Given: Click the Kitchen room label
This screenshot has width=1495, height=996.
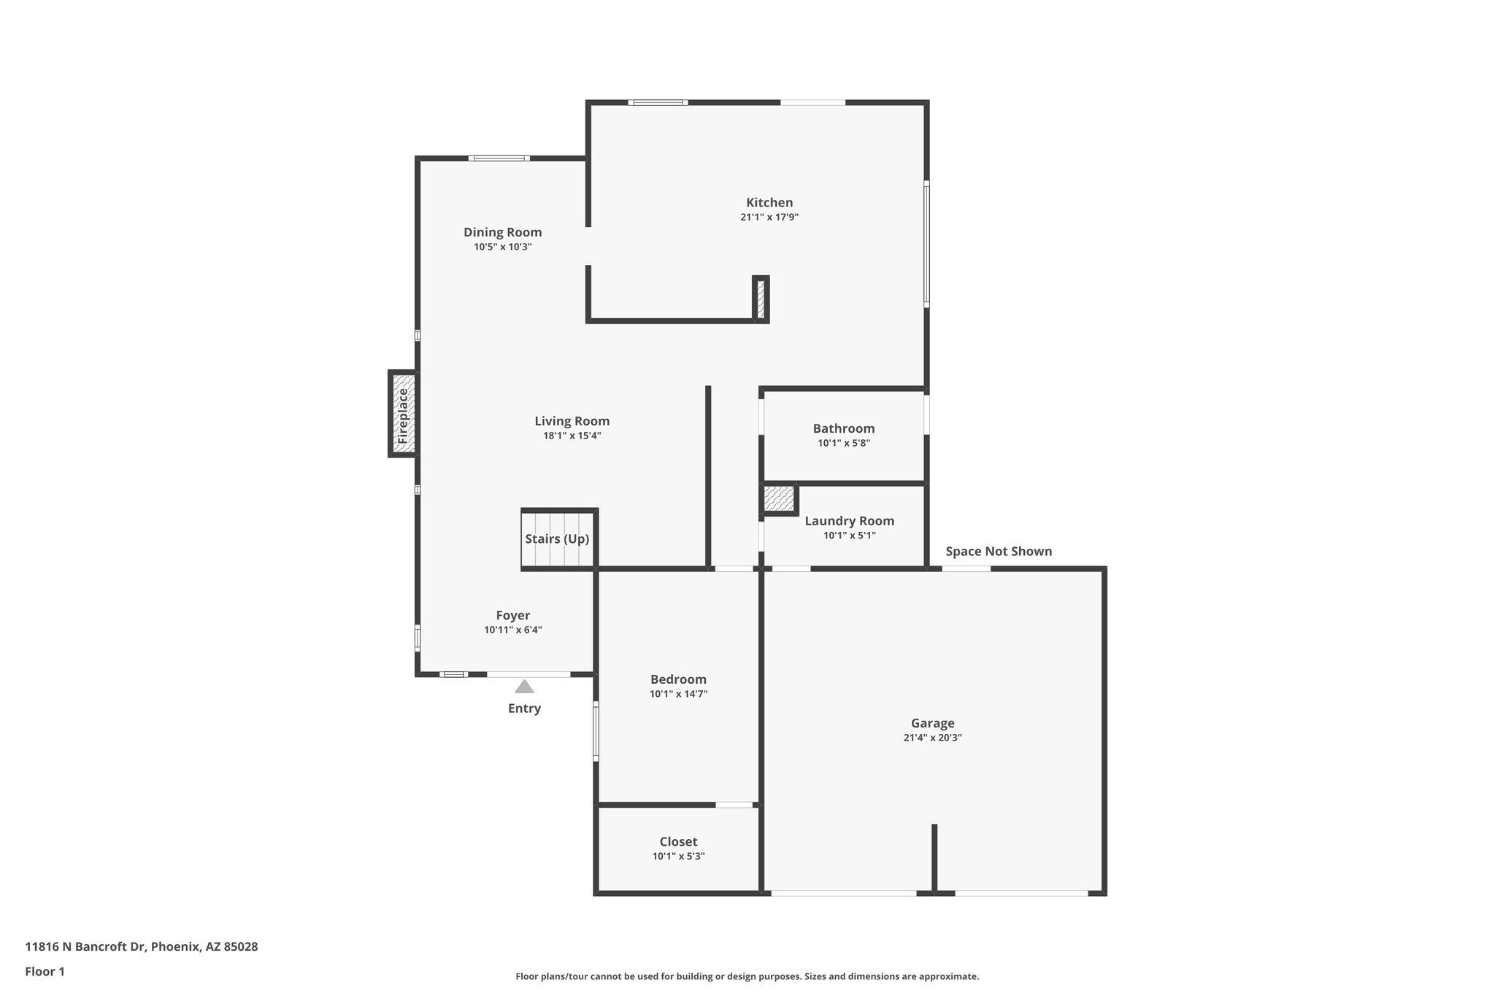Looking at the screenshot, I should pyautogui.click(x=769, y=203).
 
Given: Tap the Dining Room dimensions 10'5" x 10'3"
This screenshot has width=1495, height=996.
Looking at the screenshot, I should pyautogui.click(x=502, y=247).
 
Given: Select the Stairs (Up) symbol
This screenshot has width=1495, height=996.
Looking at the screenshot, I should pyautogui.click(x=558, y=539).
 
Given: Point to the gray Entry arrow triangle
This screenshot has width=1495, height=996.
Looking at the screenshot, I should pyautogui.click(x=524, y=687).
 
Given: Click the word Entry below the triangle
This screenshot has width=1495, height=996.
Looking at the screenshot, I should pyautogui.click(x=524, y=709).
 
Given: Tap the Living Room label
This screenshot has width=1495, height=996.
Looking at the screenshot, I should pyautogui.click(x=572, y=421).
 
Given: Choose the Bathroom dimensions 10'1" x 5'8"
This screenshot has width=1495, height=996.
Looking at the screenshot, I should pyautogui.click(x=843, y=443).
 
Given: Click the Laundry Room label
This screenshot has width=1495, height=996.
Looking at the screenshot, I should pyautogui.click(x=849, y=521).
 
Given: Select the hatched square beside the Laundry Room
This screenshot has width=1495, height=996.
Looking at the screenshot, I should pyautogui.click(x=778, y=499).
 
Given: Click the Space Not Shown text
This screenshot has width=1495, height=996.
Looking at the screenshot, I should pyautogui.click(x=999, y=552).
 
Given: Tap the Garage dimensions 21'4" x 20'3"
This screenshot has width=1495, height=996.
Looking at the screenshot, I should pyautogui.click(x=932, y=738).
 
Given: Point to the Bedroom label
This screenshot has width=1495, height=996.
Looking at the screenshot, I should pyautogui.click(x=678, y=679).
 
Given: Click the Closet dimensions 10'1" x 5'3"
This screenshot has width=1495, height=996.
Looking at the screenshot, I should pyautogui.click(x=678, y=857).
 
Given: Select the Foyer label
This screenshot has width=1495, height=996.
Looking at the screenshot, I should pyautogui.click(x=512, y=615).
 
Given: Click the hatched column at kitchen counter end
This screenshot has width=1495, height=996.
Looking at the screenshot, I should pyautogui.click(x=761, y=298).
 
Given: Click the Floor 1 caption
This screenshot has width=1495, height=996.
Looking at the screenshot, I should pyautogui.click(x=45, y=972).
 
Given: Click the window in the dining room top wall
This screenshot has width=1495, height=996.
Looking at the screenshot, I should pyautogui.click(x=499, y=158).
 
